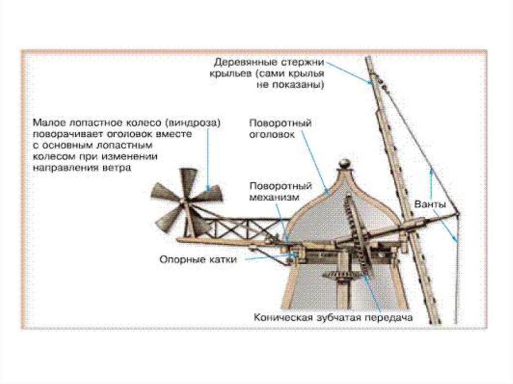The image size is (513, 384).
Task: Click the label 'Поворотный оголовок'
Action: tap(281, 129)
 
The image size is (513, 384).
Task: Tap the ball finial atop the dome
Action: tap(345, 163)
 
